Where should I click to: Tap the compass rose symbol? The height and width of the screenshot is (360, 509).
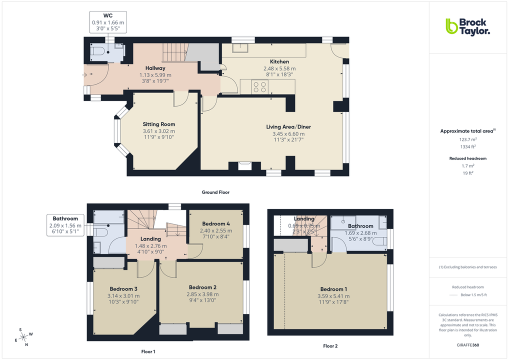click(23, 336)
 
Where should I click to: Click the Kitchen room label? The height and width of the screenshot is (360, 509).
click(279, 61)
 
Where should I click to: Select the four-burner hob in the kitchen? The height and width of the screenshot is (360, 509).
click(259, 87)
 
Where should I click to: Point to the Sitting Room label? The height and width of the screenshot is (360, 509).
click(159, 124)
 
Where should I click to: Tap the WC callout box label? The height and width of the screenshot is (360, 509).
click(107, 15)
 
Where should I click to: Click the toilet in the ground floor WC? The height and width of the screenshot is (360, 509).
click(97, 50)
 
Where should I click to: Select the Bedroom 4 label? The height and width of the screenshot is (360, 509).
click(216, 223)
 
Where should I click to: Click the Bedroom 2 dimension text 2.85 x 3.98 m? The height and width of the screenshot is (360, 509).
click(202, 294)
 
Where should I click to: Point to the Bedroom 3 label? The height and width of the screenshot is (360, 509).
click(123, 288)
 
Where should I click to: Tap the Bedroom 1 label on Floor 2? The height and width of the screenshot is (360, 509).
click(332, 289)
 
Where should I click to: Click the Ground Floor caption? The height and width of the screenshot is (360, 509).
click(215, 192)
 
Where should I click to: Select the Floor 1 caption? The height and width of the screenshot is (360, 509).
click(148, 352)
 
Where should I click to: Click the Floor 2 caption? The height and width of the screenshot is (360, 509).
click(330, 346)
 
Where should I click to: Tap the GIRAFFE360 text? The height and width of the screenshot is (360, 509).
click(468, 345)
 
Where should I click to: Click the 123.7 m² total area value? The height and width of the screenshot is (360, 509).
click(468, 140)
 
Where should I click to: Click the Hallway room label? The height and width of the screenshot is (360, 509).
click(155, 68)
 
